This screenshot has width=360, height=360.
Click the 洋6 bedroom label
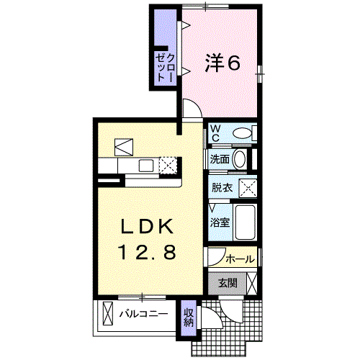(222, 63)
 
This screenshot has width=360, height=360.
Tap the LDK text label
(147, 226)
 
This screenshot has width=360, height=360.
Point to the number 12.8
(148, 252)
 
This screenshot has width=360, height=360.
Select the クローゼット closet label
(165, 68)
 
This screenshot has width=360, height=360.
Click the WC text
(215, 133)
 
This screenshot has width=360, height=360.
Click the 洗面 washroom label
(220, 159)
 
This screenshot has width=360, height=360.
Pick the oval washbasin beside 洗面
(240, 159)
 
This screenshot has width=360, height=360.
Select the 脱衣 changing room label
(222, 187)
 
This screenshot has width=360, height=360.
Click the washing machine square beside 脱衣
(248, 187)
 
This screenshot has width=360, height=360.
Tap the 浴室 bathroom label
(220, 222)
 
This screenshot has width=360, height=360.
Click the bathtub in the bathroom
(245, 222)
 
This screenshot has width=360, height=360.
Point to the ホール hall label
(240, 259)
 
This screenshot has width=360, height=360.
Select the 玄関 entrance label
(228, 284)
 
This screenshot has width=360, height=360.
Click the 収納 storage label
(189, 317)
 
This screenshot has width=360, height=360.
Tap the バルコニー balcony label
(143, 314)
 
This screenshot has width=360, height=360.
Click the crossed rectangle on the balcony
(108, 313)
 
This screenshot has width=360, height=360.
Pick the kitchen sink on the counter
(146, 166)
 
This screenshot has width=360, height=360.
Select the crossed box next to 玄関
(252, 284)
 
